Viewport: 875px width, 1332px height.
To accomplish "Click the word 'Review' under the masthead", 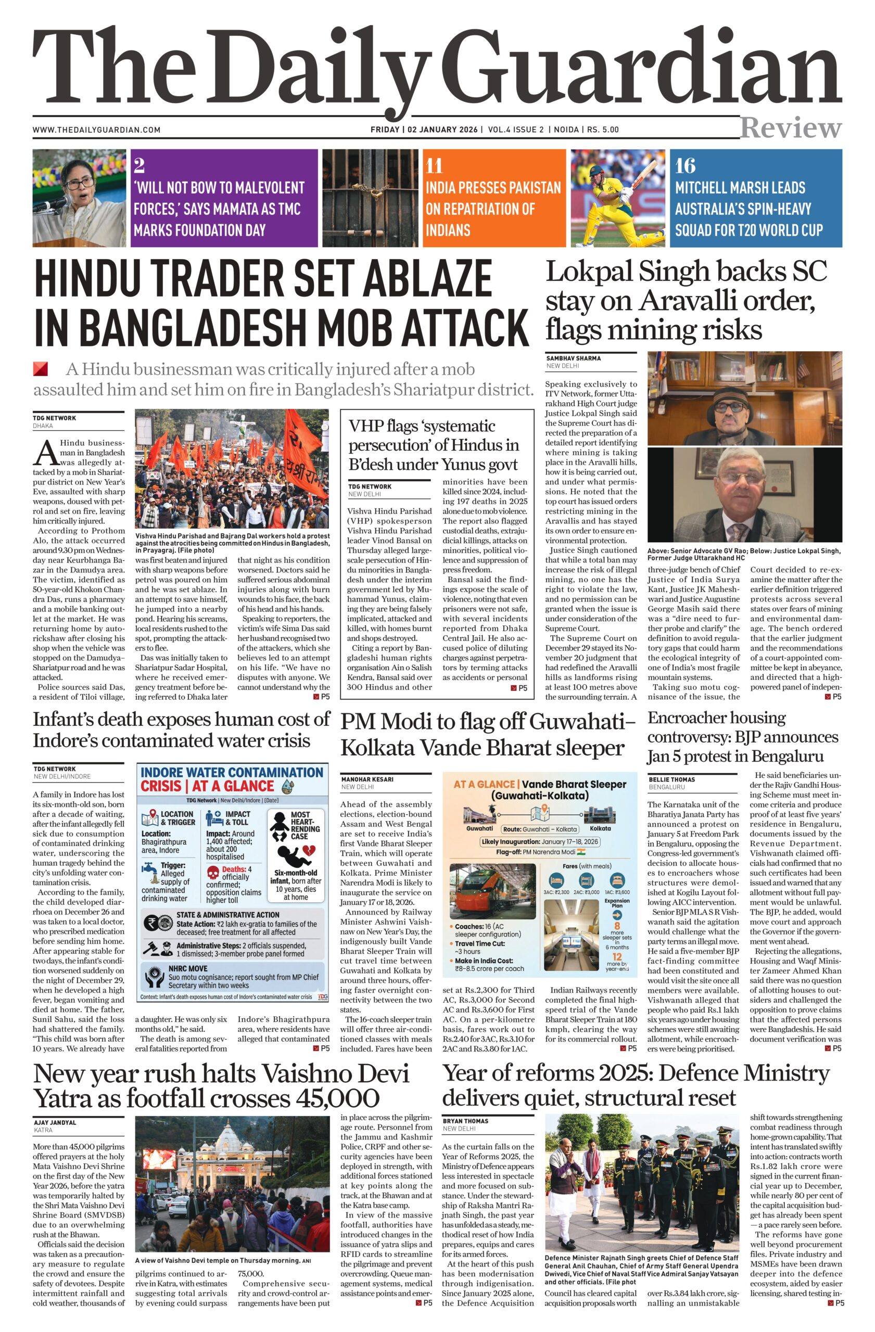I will (791, 128).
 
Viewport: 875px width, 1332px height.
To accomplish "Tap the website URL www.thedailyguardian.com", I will (96, 130).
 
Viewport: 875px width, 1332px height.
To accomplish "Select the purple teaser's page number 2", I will (140, 165).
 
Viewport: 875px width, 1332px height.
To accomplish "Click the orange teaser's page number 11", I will (435, 165).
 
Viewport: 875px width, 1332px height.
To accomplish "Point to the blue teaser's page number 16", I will (685, 165).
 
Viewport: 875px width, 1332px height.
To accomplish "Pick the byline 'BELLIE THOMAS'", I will (672, 779).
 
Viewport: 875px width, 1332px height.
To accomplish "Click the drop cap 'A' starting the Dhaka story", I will (45, 452).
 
